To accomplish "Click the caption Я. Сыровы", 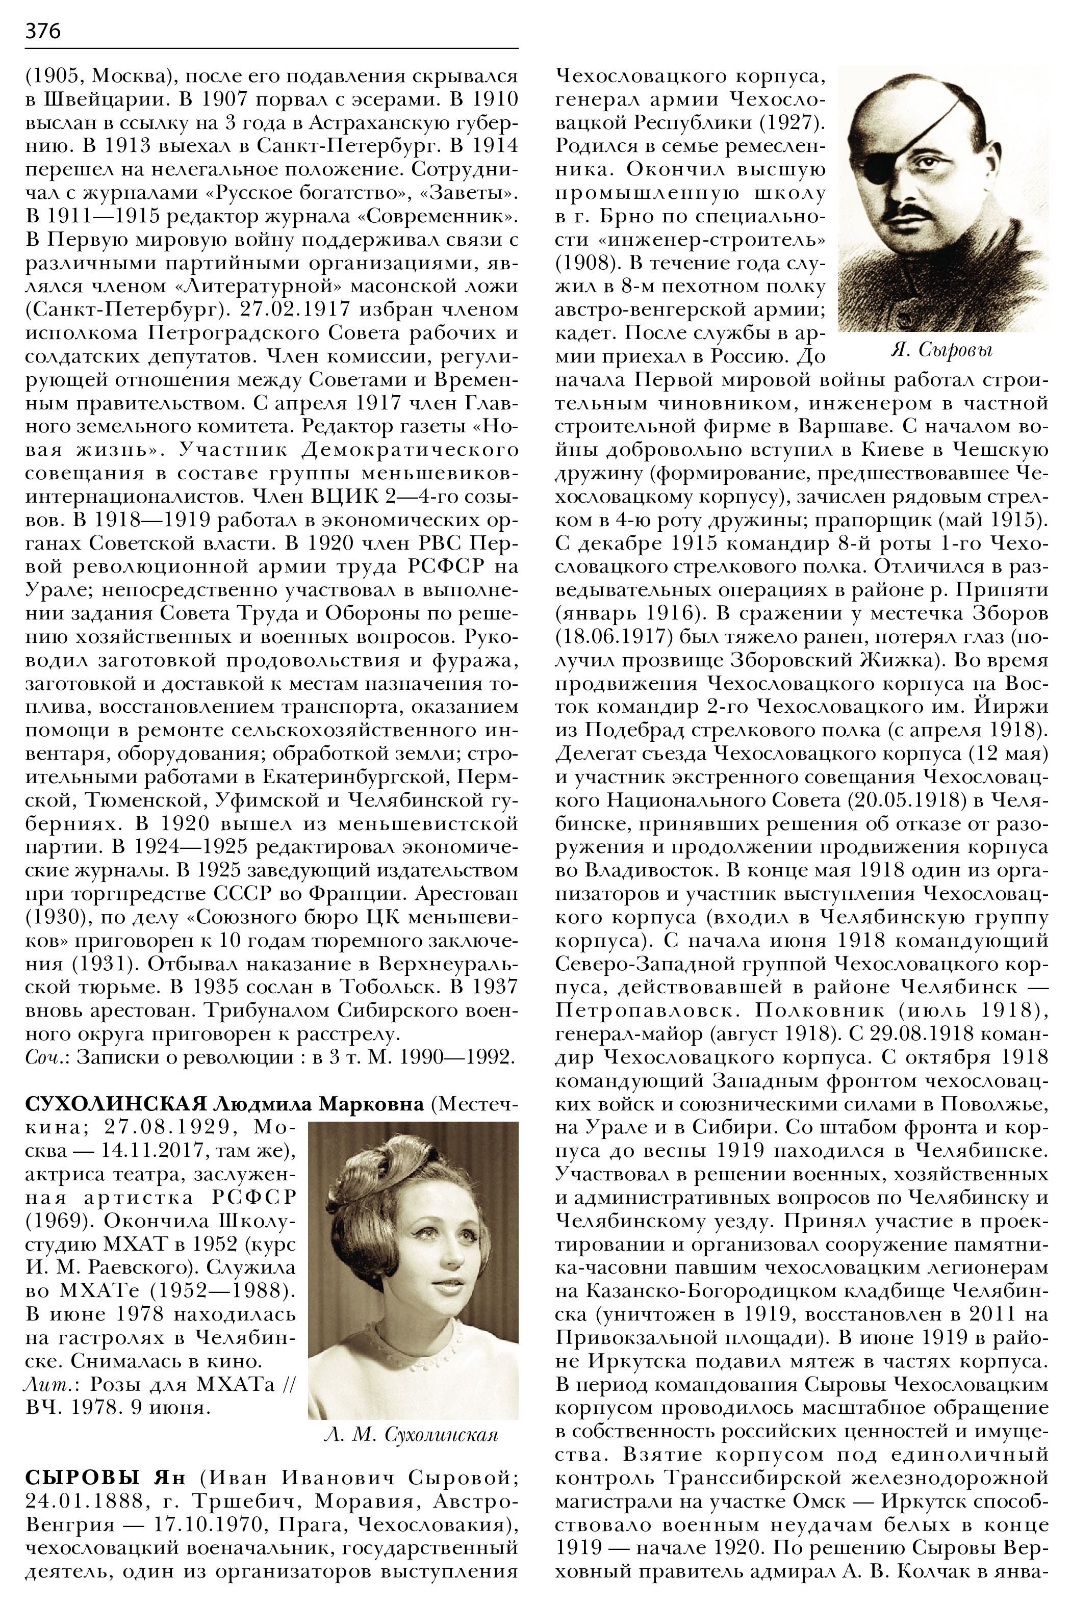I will tap(942, 350).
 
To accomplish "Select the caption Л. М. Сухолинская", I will tap(411, 1435).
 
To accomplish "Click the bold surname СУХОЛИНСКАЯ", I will tap(115, 1104).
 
